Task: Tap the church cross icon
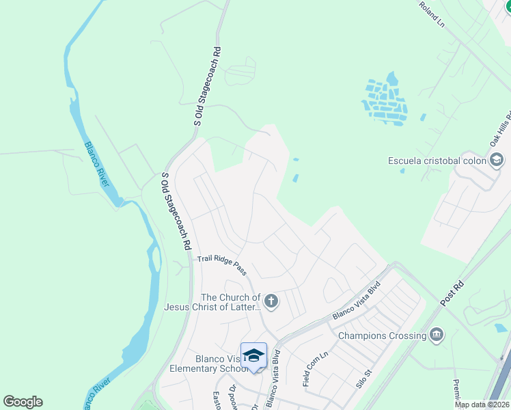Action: tap(271, 301)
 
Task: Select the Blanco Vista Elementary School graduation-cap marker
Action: tap(253, 355)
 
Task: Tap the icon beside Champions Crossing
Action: tap(436, 335)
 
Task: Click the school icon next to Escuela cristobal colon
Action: tap(497, 161)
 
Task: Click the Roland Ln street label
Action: tap(431, 14)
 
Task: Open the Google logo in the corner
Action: tap(23, 402)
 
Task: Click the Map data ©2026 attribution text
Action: tap(482, 405)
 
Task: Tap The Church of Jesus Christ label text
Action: tap(212, 302)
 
